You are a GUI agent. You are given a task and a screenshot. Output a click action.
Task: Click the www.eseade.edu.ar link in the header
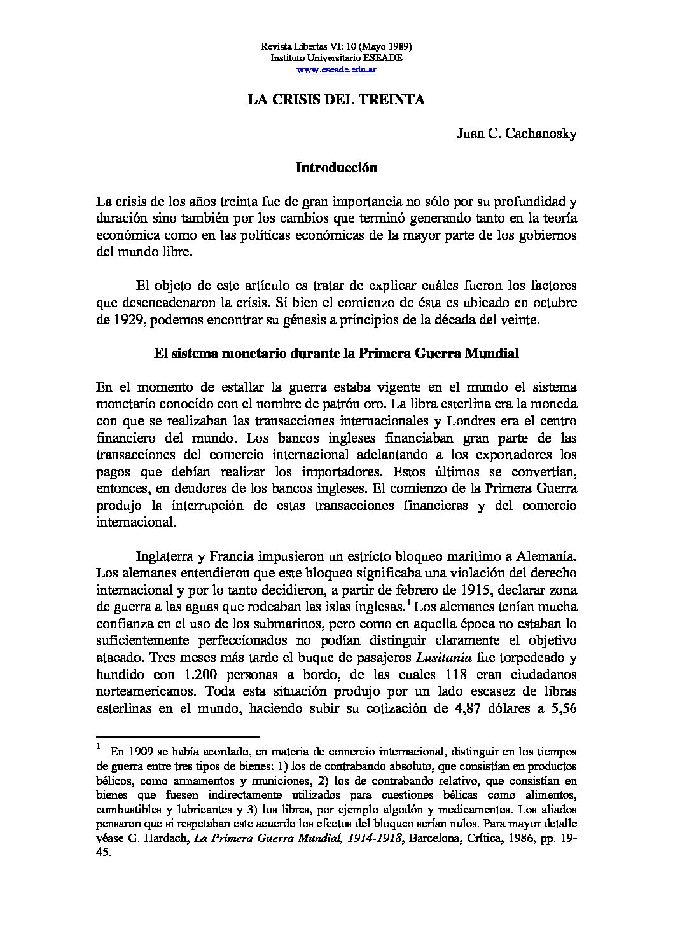pyautogui.click(x=336, y=69)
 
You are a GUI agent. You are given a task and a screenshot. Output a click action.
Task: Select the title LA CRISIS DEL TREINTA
pyautogui.click(x=336, y=100)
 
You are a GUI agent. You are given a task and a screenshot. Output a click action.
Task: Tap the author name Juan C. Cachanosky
pyautogui.click(x=517, y=134)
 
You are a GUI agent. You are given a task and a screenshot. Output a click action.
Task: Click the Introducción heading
pyautogui.click(x=336, y=169)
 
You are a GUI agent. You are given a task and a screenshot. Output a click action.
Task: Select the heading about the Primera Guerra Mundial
pyautogui.click(x=336, y=354)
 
